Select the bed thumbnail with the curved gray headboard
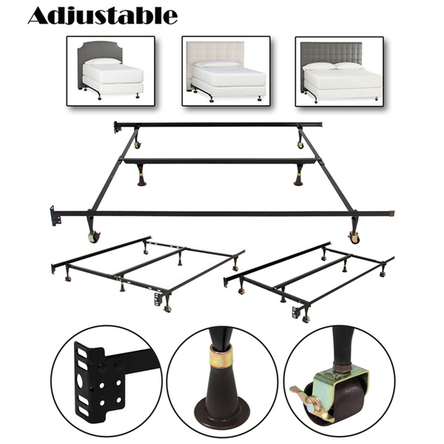tap(110, 71)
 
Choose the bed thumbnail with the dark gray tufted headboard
tap(339, 71)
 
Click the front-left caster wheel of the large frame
tap(94, 238)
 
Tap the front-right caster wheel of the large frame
tap(354, 238)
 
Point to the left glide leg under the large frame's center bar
tap(141, 178)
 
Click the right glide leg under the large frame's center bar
tap(298, 178)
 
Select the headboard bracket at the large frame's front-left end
tap(54, 217)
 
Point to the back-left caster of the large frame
tap(137, 143)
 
